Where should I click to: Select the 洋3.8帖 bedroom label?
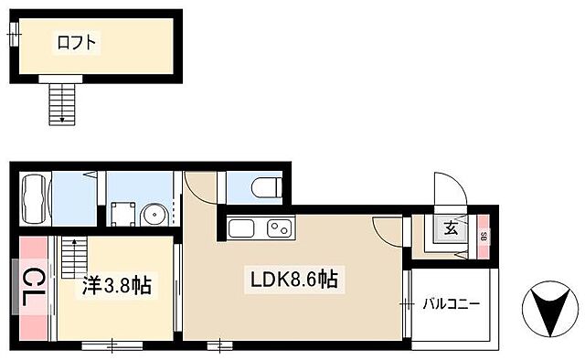[x=113, y=286]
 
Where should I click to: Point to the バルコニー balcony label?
[x=451, y=304]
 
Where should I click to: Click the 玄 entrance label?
[x=451, y=229]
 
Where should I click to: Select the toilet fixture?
[x=262, y=188]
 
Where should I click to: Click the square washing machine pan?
[x=121, y=214]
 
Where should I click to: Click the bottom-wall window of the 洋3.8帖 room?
[x=112, y=345]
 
